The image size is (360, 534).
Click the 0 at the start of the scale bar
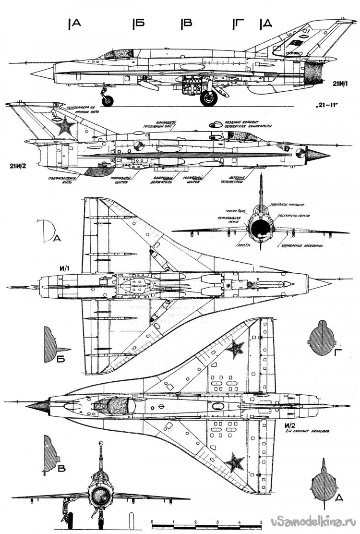pyautogui.click(x=152, y=522)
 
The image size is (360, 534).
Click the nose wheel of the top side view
pyautogui.click(x=109, y=100)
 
